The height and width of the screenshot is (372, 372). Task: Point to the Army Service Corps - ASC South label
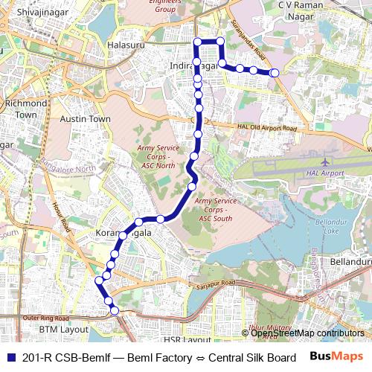coord(215,210)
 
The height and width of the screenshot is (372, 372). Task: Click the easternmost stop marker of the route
coord(275,73)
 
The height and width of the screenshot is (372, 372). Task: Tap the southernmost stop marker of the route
coord(115,310)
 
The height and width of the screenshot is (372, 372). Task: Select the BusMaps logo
coord(335,357)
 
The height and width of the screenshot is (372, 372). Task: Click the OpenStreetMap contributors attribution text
coord(307,333)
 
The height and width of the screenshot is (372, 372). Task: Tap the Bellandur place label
coord(351,262)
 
